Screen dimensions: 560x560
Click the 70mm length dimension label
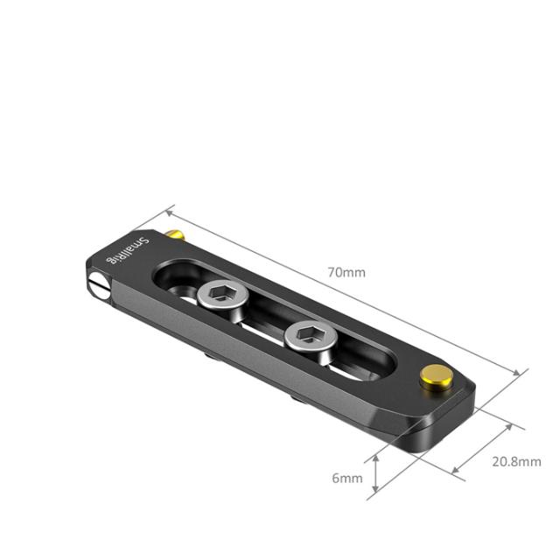(x=346, y=272)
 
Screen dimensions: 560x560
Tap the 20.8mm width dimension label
(x=516, y=462)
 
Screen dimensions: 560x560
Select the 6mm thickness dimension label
(x=346, y=478)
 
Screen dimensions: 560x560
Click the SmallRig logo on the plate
(x=128, y=250)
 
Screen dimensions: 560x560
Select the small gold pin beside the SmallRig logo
(x=176, y=235)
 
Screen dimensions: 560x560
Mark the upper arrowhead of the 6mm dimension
(x=375, y=458)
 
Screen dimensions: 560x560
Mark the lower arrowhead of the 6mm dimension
(x=375, y=493)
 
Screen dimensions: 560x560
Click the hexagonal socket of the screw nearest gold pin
(x=308, y=333)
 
